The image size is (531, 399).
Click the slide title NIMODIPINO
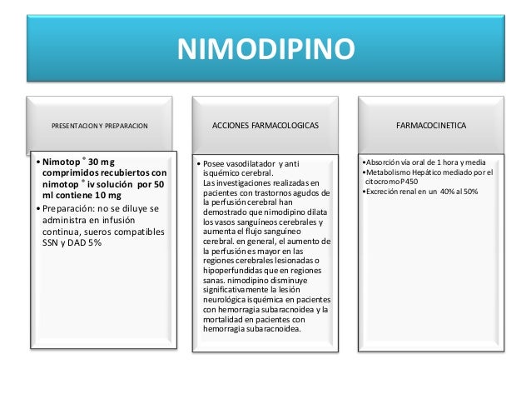pyautogui.click(x=265, y=48)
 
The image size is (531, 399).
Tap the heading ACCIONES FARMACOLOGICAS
pyautogui.click(x=265, y=125)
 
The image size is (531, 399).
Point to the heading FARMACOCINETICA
pyautogui.click(x=430, y=125)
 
